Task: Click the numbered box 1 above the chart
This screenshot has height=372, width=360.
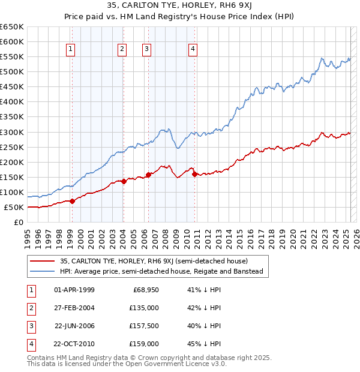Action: tap(71, 49)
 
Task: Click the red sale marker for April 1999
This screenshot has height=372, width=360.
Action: tap(72, 201)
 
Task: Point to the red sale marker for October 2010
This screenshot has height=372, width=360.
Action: tap(194, 174)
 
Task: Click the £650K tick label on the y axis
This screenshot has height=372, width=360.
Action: tap(12, 27)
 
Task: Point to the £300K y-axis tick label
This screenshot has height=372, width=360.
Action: tap(12, 132)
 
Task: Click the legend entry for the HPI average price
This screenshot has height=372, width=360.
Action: tap(161, 272)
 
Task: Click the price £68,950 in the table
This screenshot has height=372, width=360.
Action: tap(145, 290)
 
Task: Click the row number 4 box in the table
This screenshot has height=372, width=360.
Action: tap(30, 344)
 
